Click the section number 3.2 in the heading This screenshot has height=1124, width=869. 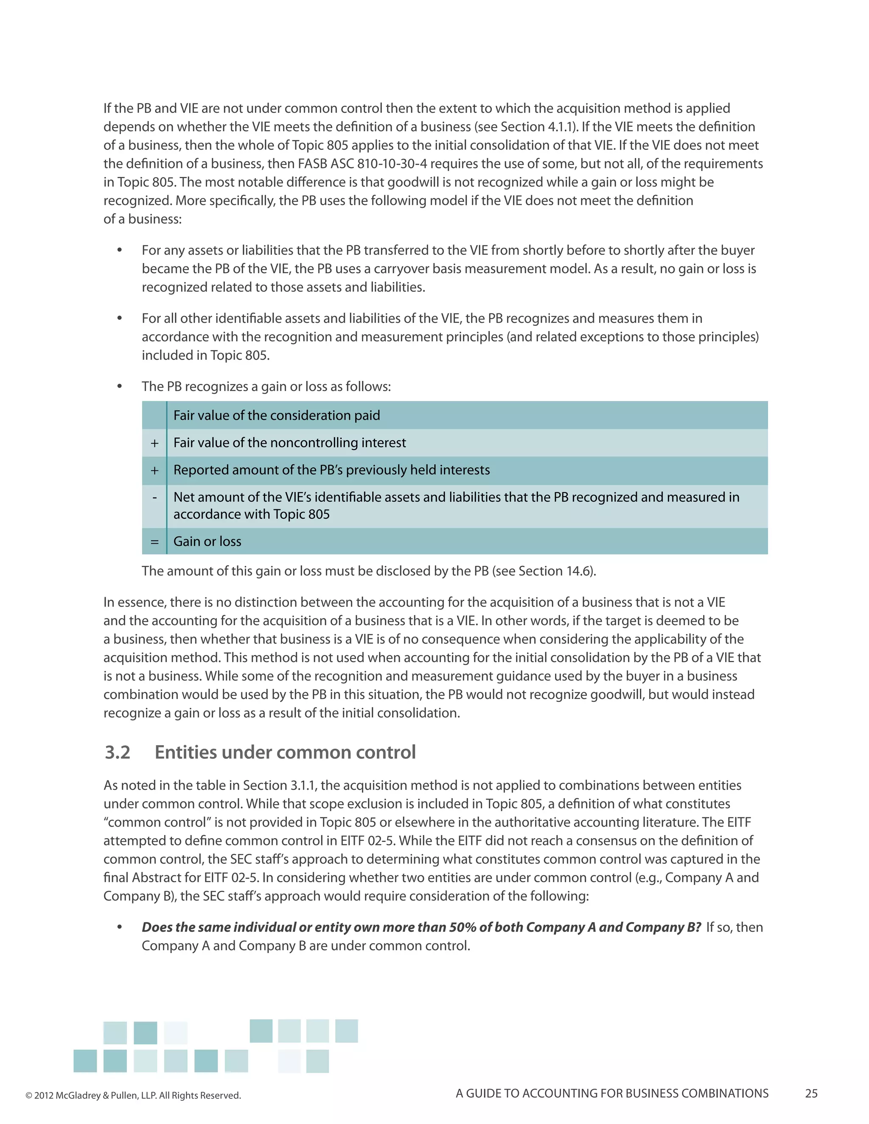point(118,752)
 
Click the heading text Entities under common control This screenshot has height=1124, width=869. point(285,752)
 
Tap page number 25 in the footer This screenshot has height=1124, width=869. point(811,1093)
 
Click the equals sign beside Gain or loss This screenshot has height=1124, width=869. point(154,541)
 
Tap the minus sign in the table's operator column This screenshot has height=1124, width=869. point(154,498)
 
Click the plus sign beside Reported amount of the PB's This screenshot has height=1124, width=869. point(154,470)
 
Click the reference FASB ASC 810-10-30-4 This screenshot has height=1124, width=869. point(362,164)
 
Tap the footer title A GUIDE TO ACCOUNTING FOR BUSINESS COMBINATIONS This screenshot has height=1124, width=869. point(611,1093)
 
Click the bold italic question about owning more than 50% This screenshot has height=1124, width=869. point(421,927)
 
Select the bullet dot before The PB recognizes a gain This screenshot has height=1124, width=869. point(119,386)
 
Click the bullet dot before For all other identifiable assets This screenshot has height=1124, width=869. point(119,318)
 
